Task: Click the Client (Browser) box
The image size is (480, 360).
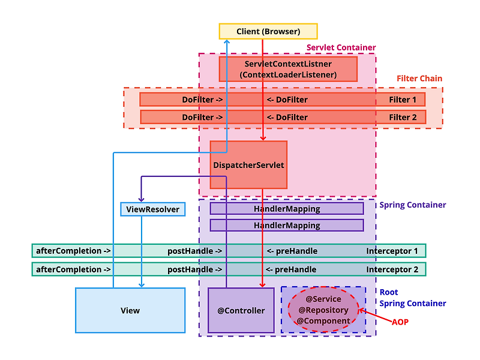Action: click(x=268, y=31)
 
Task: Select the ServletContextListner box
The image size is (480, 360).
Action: click(x=288, y=69)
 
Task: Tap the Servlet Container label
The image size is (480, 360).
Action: click(x=341, y=47)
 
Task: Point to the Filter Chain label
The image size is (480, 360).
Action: click(x=419, y=79)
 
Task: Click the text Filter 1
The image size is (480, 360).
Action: click(x=403, y=100)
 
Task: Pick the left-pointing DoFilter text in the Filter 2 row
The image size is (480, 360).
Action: click(x=287, y=117)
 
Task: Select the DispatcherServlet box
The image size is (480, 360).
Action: click(x=248, y=164)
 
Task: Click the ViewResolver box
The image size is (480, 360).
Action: click(x=152, y=209)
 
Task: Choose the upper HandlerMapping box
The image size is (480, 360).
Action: click(x=287, y=209)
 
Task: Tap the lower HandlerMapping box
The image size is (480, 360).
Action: click(x=287, y=226)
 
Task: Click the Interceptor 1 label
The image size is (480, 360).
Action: click(x=392, y=251)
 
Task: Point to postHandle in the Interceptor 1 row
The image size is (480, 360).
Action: click(x=194, y=251)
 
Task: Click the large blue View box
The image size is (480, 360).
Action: click(x=130, y=310)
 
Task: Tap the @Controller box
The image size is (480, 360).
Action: click(x=241, y=310)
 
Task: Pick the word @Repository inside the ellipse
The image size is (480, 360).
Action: click(x=323, y=310)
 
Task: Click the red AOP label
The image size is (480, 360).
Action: click(x=400, y=322)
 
